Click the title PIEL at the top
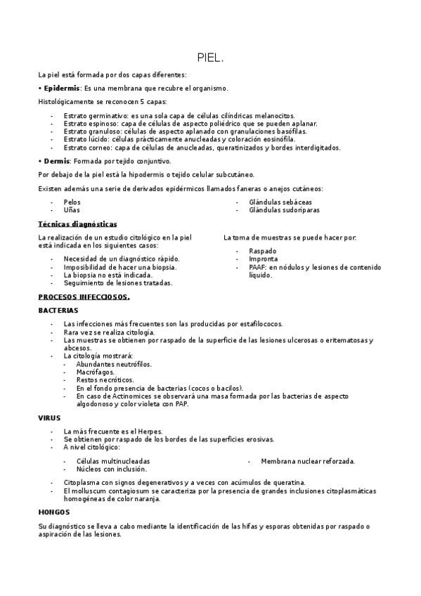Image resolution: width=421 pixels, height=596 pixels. (210, 58)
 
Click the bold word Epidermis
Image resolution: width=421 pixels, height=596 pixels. (61, 89)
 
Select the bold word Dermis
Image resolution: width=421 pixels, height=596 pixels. (56, 161)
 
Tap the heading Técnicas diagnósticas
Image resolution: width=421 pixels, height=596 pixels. (77, 223)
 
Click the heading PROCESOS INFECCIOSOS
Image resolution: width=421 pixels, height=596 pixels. (84, 297)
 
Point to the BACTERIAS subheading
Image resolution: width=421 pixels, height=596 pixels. (58, 310)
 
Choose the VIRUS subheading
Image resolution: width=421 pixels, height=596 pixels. (49, 417)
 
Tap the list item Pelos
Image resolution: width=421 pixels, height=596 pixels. (72, 202)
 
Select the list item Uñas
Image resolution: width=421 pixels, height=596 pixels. (71, 209)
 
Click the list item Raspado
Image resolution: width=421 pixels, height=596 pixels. (263, 251)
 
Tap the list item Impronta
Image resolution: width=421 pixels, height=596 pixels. (263, 259)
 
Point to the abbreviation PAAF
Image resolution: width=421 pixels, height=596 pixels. (258, 267)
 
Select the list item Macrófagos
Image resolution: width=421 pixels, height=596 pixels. (96, 372)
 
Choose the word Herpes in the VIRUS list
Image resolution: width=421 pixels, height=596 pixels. (151, 432)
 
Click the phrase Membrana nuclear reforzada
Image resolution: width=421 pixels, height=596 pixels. (308, 461)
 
